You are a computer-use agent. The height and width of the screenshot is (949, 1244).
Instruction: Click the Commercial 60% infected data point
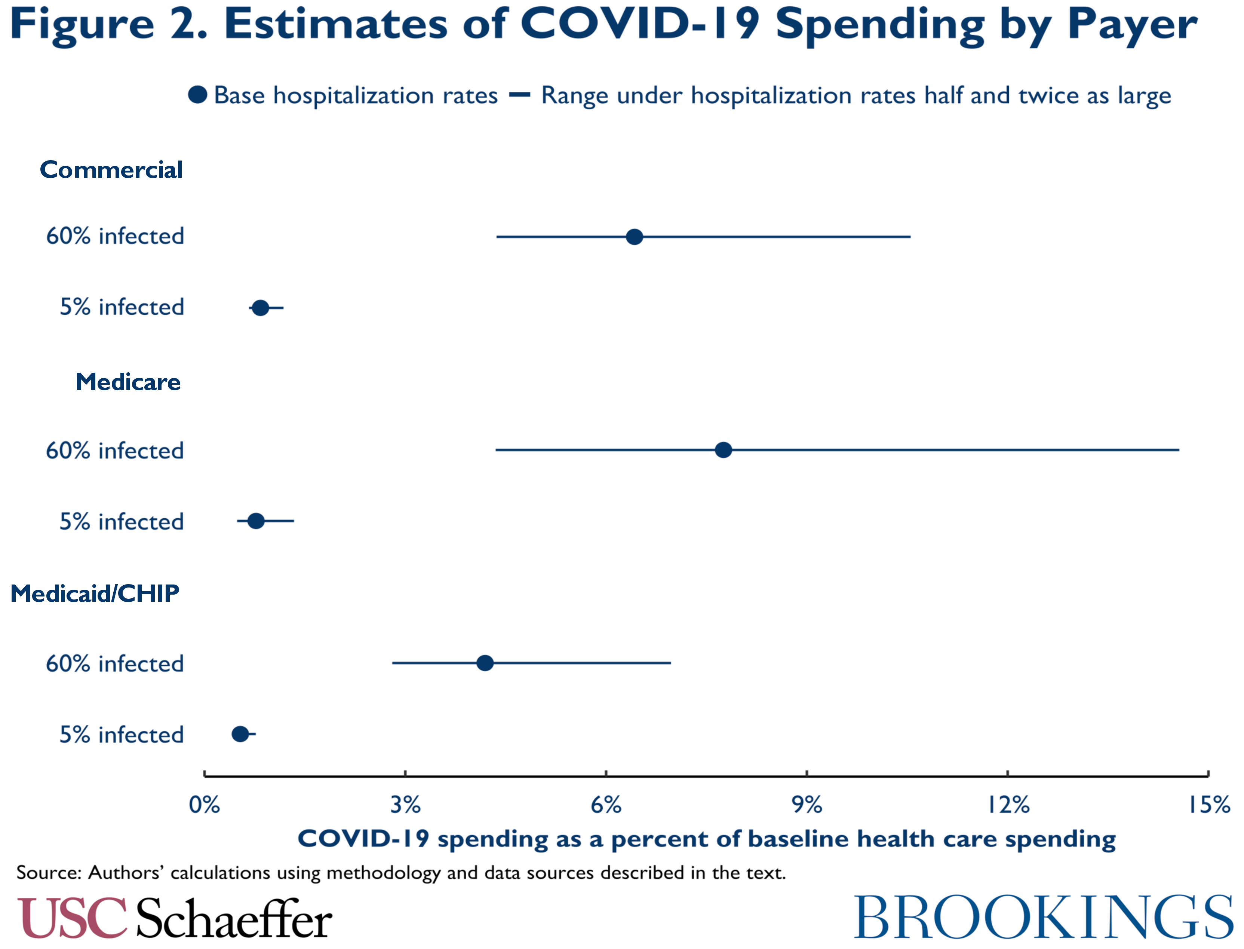click(x=635, y=237)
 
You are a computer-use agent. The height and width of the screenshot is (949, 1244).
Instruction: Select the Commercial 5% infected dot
click(x=260, y=308)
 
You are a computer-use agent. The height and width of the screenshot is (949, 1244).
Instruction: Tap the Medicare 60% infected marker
click(x=723, y=450)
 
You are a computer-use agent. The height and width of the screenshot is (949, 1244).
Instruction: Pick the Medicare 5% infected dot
click(x=256, y=521)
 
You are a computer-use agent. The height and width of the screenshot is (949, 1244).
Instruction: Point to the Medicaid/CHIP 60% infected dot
click(x=485, y=663)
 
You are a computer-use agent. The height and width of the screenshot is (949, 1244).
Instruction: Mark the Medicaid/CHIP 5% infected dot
click(x=240, y=734)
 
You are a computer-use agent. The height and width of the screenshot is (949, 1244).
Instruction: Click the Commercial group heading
click(x=111, y=170)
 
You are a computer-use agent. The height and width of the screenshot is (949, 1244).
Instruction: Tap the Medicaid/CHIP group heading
click(x=95, y=594)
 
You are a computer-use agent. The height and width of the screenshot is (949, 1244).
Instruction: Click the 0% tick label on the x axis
click(x=204, y=805)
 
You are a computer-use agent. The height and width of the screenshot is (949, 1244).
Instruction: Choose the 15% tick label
click(x=1208, y=805)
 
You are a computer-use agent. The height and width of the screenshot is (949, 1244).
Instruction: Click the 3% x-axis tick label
click(x=405, y=805)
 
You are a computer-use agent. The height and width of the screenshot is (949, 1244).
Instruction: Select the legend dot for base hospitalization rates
click(x=197, y=95)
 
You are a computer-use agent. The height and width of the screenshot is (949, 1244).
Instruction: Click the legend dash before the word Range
click(x=519, y=95)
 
